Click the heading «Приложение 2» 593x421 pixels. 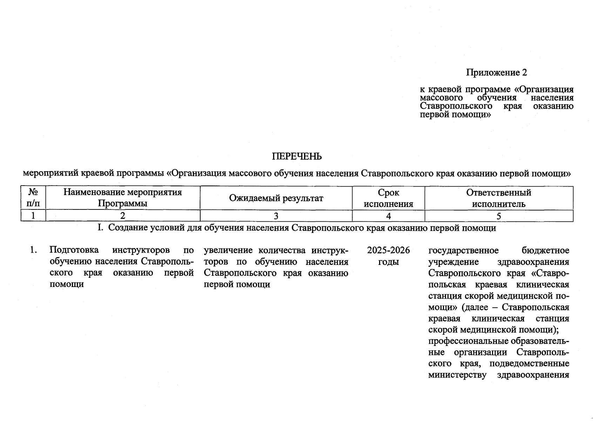tap(496, 73)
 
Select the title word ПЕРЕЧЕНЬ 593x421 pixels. tap(297, 156)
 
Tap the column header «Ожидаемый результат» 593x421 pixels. tap(276, 198)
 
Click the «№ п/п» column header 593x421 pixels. tap(33, 198)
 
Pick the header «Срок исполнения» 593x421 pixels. tap(388, 198)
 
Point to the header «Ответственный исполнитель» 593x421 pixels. tap(498, 198)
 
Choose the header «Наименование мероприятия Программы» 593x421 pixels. tap(122, 198)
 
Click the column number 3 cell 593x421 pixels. tap(276, 216)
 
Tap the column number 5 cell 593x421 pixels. tap(499, 216)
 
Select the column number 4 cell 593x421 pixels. tap(388, 216)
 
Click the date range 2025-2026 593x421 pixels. tap(388, 250)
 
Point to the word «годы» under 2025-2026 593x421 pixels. tap(388, 262)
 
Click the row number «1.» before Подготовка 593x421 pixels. tap(33, 250)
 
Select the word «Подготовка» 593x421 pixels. tap(74, 250)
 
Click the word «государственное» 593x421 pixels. tap(463, 250)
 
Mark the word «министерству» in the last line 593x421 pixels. tap(457, 375)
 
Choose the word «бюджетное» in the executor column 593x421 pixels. tap(545, 250)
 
